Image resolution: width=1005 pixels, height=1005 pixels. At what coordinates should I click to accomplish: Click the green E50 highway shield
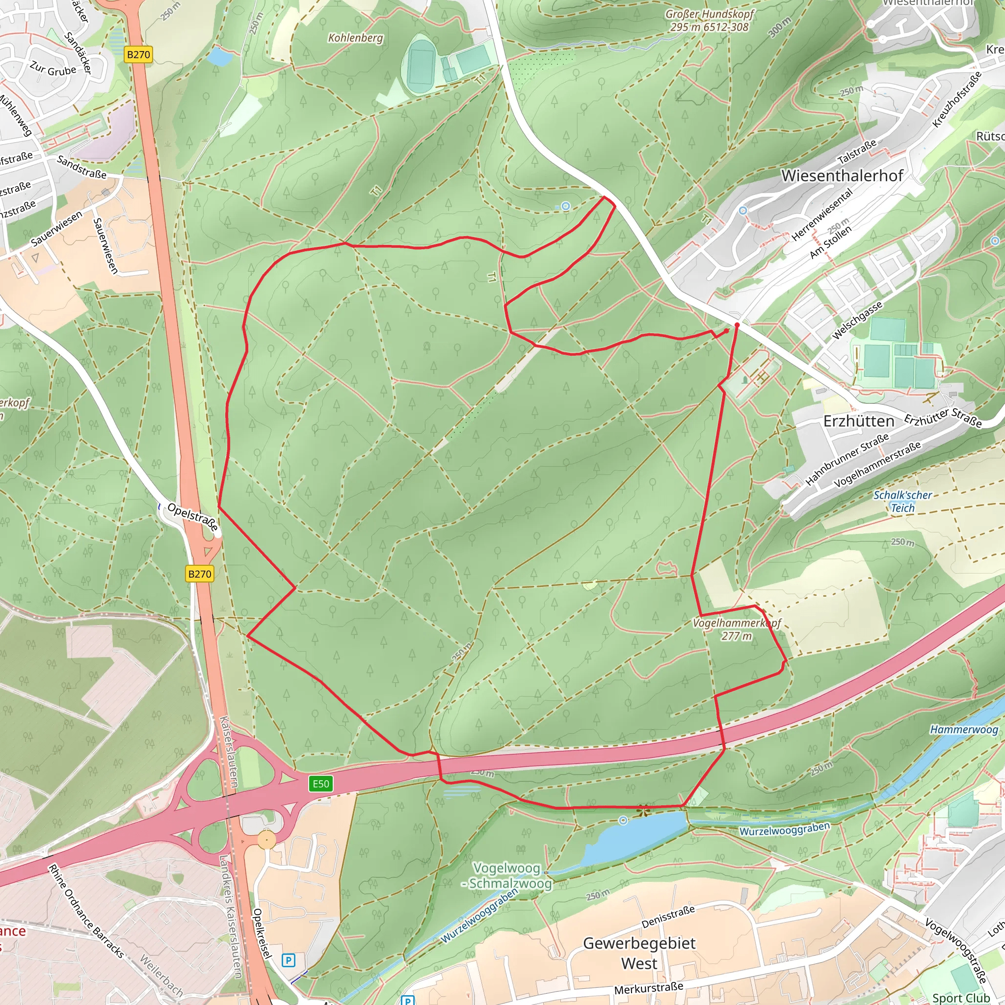320,783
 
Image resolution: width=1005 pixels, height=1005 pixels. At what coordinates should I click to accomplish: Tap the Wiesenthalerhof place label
842,176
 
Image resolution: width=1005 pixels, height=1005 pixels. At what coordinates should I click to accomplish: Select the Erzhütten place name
858,421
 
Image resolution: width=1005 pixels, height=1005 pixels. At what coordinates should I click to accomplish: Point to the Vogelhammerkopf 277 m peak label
737,630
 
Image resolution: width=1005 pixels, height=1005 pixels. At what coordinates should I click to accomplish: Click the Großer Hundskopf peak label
709,21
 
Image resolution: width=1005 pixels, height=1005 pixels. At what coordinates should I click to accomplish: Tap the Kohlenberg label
355,38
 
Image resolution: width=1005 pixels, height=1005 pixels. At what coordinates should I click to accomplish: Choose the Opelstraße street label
192,516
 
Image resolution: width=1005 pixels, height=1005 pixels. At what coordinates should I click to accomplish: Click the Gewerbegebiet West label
639,953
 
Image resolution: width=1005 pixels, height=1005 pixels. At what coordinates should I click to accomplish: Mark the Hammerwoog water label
964,729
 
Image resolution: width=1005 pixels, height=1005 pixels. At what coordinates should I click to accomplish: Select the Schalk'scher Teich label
902,502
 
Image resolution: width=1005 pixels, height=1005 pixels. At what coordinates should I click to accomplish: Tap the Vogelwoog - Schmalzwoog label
506,875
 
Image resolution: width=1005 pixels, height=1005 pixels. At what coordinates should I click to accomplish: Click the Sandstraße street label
81,167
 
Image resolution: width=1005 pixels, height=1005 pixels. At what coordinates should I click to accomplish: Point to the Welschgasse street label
857,320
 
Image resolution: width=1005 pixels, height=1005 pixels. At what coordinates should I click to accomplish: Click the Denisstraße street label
668,917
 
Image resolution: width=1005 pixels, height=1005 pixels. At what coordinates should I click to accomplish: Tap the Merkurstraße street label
649,988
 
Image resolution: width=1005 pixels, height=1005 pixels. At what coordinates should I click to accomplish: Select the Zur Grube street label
53,69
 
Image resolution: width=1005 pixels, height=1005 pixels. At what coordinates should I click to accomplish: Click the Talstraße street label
856,151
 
